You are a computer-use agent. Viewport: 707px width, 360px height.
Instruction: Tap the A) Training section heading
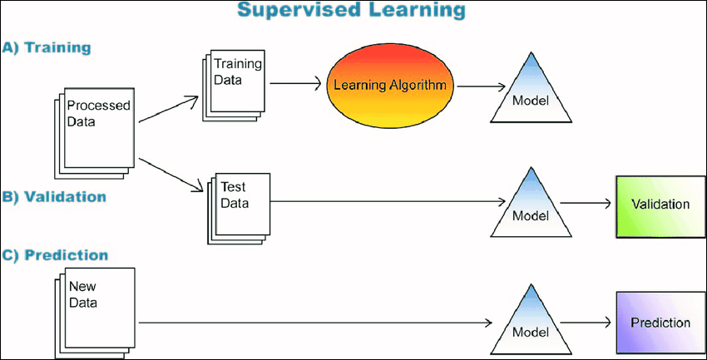[47, 47]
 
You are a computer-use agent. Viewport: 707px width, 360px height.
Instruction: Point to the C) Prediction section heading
[56, 254]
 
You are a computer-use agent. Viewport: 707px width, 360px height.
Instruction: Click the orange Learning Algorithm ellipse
[390, 85]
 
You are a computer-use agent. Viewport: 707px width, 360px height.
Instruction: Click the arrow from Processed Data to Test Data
[173, 175]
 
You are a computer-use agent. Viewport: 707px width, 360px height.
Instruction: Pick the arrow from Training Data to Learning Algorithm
[296, 83]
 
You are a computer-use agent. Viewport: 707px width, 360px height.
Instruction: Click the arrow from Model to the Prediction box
[587, 322]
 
